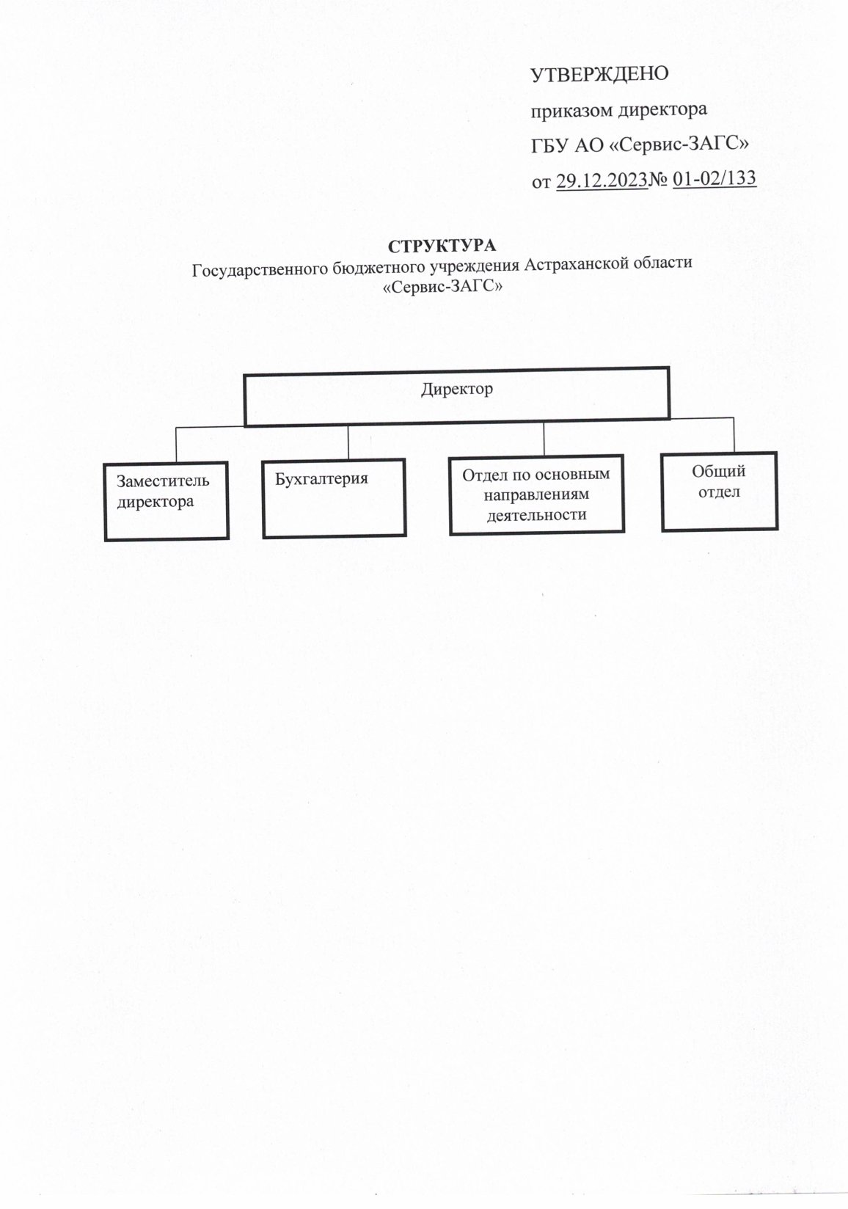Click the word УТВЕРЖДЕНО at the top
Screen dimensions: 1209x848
(599, 74)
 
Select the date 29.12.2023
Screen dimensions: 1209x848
(602, 180)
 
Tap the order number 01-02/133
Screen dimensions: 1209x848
(714, 179)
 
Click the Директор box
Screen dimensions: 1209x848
(456, 396)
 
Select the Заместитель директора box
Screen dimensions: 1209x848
(167, 501)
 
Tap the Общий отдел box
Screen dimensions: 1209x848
(719, 491)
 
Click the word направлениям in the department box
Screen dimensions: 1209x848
(536, 494)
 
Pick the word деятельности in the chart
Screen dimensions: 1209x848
(537, 514)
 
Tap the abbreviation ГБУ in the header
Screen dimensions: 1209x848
(549, 145)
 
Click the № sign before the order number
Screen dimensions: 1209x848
(658, 180)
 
